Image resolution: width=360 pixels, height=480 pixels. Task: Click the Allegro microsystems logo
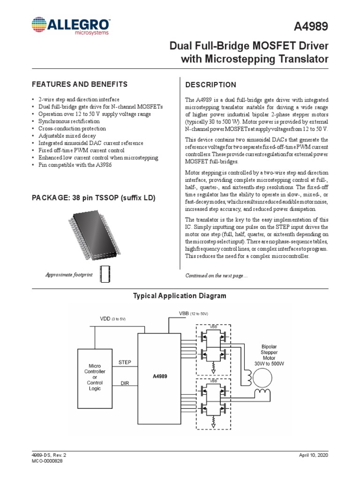point(71,27)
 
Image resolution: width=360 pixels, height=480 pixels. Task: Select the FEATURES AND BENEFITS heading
point(79,84)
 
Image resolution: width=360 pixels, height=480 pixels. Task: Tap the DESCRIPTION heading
point(211,85)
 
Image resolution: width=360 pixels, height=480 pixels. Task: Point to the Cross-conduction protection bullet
point(73,128)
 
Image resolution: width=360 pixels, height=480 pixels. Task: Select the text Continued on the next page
point(217,276)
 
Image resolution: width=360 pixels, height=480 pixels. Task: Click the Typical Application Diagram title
point(180,296)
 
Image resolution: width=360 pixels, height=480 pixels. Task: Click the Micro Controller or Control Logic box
point(94,377)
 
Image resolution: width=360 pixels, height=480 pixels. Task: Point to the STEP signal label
point(125,362)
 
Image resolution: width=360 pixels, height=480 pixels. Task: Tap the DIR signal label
point(125,383)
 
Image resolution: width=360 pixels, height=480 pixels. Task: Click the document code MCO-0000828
point(47,461)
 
